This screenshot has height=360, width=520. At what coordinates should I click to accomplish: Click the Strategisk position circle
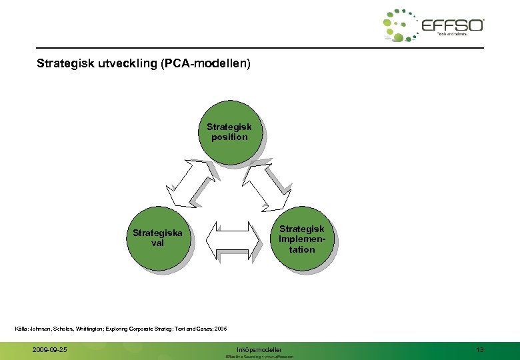229,132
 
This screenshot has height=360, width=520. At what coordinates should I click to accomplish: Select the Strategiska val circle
157,239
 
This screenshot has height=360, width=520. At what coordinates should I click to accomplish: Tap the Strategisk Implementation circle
301,239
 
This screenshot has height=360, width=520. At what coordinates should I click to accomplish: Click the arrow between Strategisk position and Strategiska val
191,182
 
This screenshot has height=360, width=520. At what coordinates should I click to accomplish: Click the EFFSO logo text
453,25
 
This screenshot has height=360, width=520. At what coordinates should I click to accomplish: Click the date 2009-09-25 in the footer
49,349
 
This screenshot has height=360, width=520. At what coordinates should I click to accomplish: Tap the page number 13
479,349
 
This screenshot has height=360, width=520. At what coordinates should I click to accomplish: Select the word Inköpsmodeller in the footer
259,349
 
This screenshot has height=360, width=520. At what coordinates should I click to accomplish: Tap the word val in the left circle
157,243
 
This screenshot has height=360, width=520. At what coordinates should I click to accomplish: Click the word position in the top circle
229,137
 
